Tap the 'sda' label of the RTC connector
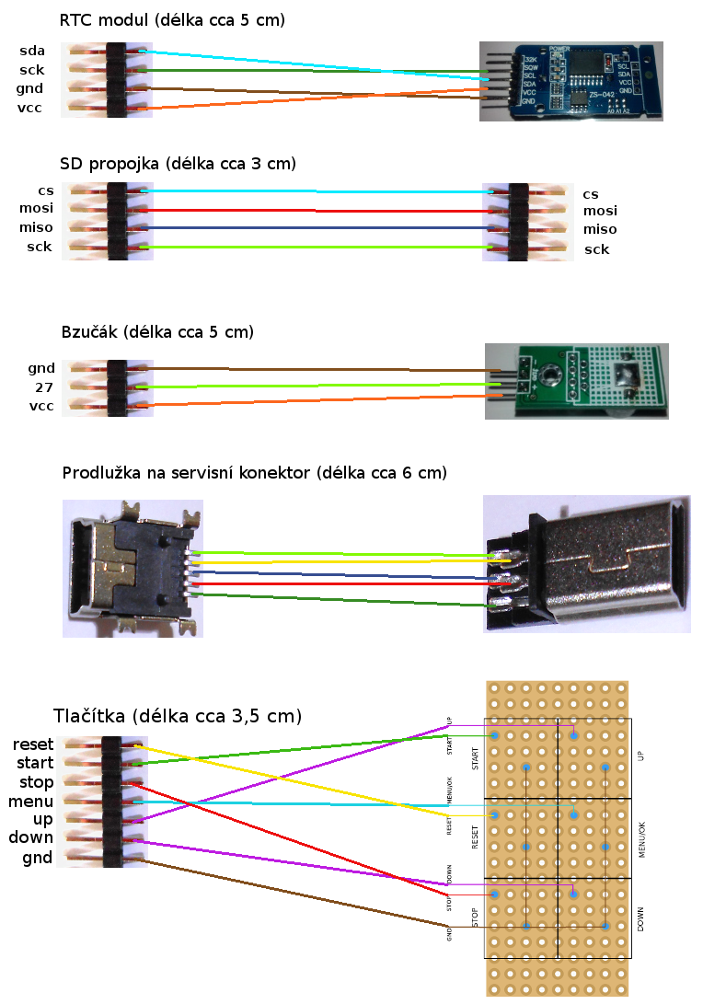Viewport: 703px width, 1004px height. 32,50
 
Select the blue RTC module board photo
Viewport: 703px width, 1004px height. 570,81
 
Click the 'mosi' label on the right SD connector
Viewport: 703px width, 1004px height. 600,211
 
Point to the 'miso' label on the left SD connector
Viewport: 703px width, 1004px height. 36,227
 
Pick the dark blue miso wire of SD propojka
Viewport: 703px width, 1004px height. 313,228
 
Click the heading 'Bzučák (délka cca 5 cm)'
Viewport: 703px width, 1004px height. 156,331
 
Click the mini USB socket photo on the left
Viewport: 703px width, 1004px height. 133,569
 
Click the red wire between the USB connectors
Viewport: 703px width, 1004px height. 340,583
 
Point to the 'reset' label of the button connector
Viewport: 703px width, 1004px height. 32,744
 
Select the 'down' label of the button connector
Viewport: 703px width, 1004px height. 31,837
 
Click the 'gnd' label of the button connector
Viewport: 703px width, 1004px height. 38,858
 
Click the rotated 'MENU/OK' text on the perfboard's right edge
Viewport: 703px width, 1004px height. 640,838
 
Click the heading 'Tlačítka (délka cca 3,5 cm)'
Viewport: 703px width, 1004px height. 178,716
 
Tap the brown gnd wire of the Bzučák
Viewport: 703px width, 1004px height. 313,369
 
